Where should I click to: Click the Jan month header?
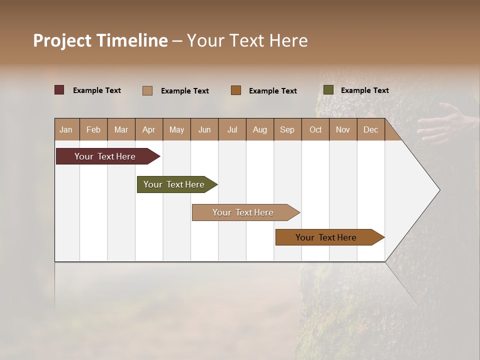tap(66, 130)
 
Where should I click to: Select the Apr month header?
tap(149, 130)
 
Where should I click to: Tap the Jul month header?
tap(232, 130)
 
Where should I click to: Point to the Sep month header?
tap(287, 130)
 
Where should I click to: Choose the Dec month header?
tap(370, 130)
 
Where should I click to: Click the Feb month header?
tap(93, 130)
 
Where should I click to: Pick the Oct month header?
tap(315, 130)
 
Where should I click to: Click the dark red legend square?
tap(59, 90)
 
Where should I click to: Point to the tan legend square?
tap(147, 90)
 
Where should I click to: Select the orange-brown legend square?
tap(236, 90)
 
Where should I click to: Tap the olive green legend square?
tap(328, 90)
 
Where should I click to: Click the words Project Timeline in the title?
tap(100, 40)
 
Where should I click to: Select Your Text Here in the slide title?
tap(247, 40)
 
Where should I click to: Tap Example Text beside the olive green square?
tap(364, 90)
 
